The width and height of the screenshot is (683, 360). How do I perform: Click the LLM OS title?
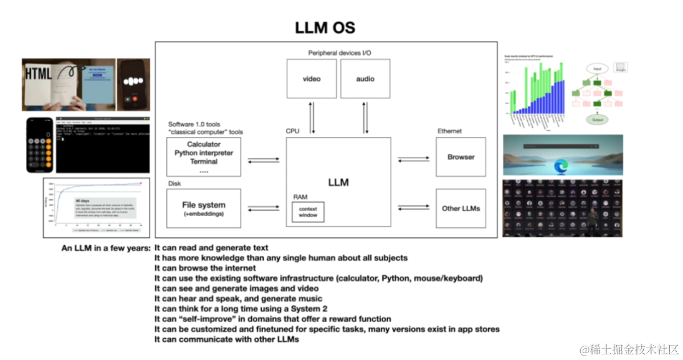[325, 28]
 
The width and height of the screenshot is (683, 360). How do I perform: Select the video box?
[312, 78]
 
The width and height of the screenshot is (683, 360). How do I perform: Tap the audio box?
[365, 78]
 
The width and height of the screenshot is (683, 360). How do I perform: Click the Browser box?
[461, 158]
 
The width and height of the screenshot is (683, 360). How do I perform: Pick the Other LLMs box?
[461, 208]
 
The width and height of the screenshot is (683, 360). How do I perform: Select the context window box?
[308, 212]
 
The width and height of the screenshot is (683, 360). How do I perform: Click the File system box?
[204, 208]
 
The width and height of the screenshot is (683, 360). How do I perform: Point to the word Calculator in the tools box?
[204, 144]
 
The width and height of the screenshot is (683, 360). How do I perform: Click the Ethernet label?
[449, 131]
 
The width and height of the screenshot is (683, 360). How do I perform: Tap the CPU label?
[293, 131]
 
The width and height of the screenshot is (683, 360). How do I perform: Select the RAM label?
[300, 196]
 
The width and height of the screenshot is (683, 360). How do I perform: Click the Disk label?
[174, 184]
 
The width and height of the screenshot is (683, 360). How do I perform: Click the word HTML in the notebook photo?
[39, 73]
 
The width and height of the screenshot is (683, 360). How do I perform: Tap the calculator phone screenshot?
[39, 144]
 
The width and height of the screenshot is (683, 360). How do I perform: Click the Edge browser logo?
[561, 166]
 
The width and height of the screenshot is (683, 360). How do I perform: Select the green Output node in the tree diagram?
[596, 120]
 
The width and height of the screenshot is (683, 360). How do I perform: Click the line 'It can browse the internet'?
[205, 268]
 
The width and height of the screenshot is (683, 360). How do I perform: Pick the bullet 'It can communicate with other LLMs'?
[227, 339]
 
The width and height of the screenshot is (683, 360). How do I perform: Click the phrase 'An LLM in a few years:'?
[106, 248]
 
